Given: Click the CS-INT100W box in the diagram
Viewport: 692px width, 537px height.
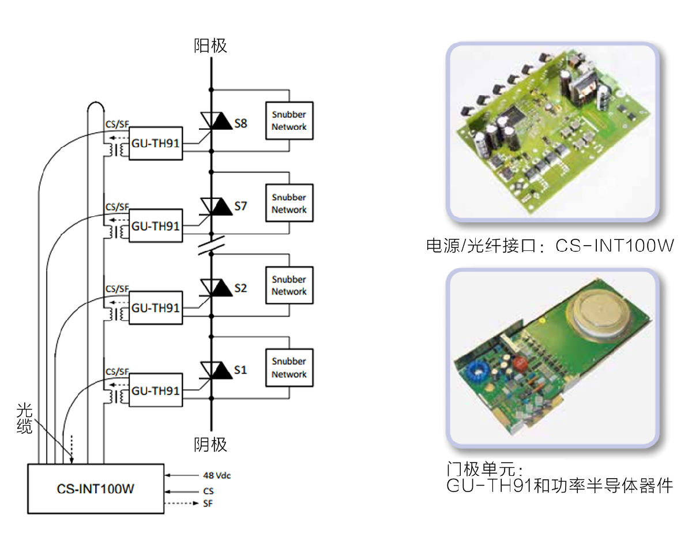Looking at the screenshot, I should (x=96, y=489).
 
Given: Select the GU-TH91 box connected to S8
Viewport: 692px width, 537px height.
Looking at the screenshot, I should (x=155, y=144).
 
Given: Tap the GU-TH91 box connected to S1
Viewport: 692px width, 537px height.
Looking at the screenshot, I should (x=155, y=390).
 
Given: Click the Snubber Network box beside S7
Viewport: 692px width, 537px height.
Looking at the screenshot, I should (x=289, y=203).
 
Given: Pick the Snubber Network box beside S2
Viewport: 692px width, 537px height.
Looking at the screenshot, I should (x=289, y=285).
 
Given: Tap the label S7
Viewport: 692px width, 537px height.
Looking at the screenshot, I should (x=240, y=206).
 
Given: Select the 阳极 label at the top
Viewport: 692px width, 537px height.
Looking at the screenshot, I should (x=210, y=46).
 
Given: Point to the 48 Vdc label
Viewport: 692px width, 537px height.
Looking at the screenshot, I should (x=217, y=476).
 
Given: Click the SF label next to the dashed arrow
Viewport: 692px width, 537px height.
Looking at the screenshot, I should (x=208, y=504).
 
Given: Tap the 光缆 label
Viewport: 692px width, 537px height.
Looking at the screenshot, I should (x=24, y=419).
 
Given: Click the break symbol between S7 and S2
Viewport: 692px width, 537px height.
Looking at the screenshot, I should (x=211, y=246).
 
